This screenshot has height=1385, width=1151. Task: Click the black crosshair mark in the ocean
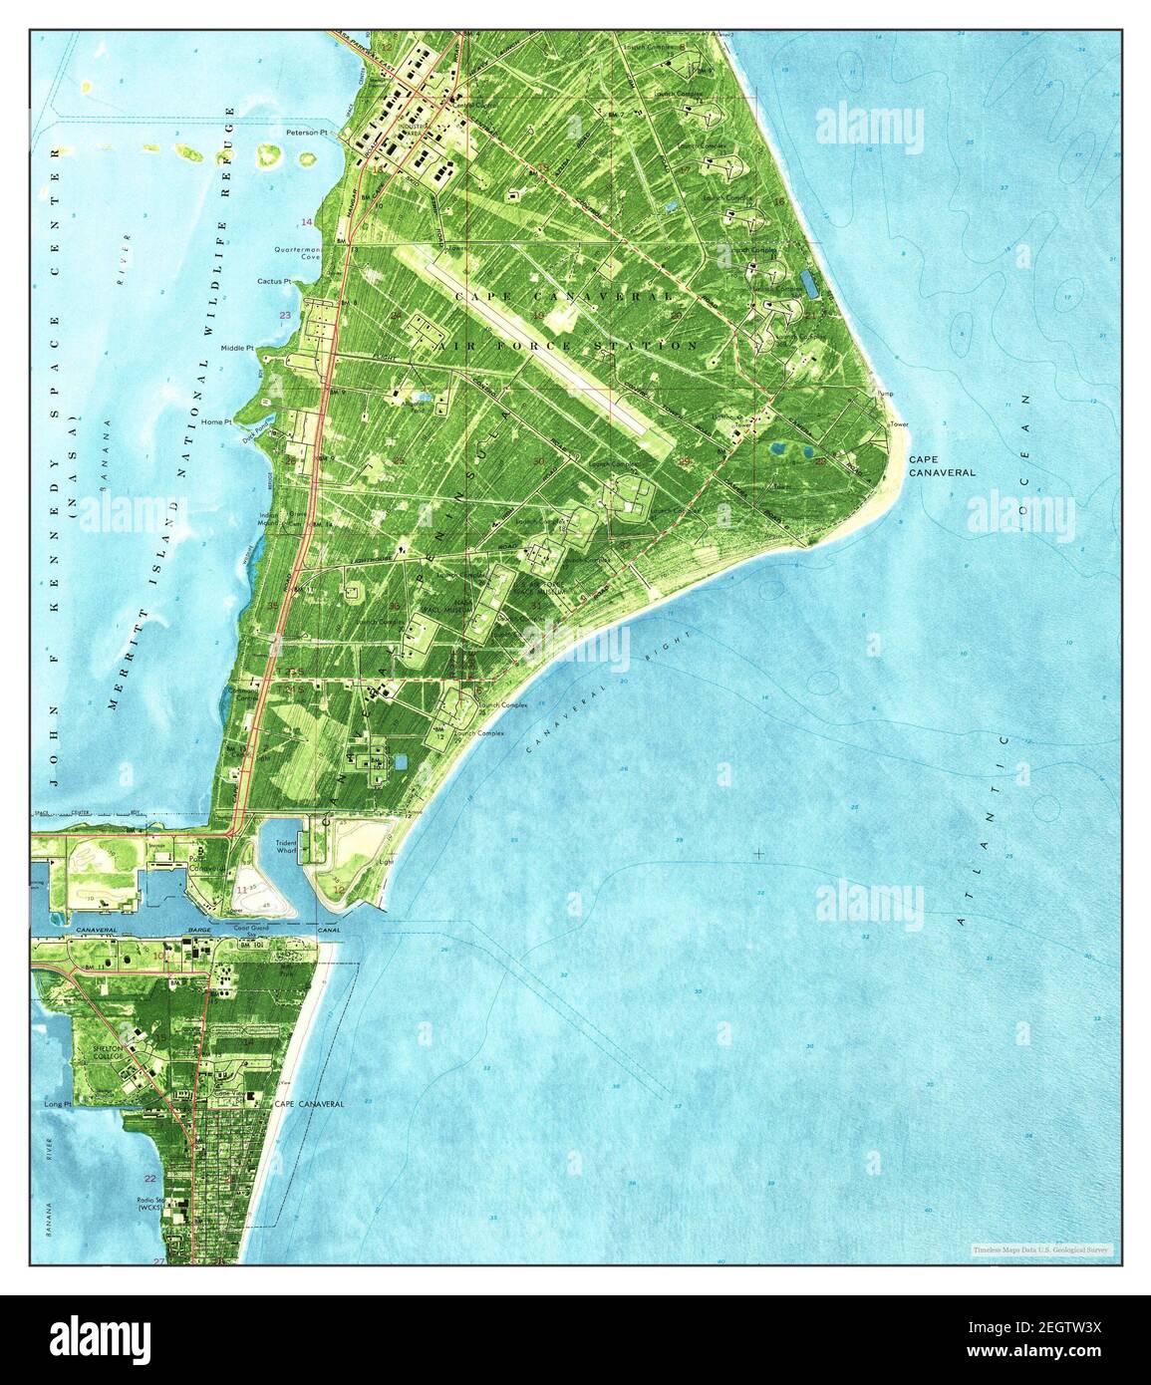[x=759, y=854]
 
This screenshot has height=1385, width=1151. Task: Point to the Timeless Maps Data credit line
[x=1042, y=1248]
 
